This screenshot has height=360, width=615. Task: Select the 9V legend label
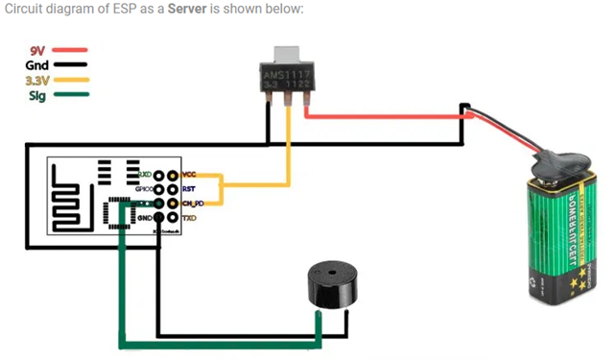pos(37,50)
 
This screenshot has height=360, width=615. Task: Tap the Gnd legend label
pos(36,64)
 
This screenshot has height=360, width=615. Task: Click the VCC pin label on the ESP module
pos(189,176)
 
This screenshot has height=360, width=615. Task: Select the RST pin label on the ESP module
pos(188,190)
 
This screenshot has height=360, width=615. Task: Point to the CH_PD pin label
pos(192,204)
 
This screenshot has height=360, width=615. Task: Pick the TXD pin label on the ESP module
pos(189,219)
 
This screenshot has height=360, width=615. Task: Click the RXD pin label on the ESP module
pos(145,176)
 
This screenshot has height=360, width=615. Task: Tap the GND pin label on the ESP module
pos(145,219)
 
